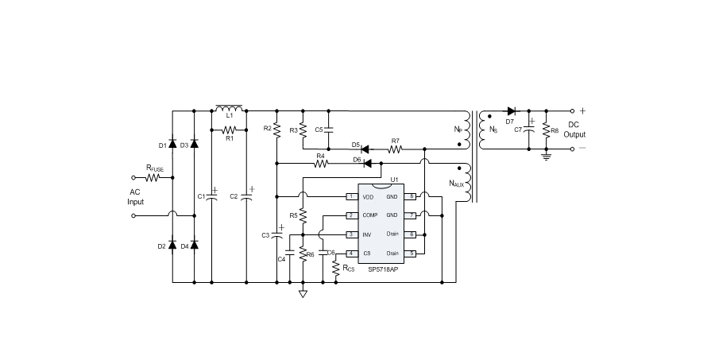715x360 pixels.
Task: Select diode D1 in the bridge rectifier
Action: click(x=172, y=145)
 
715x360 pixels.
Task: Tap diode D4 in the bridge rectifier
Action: click(x=195, y=246)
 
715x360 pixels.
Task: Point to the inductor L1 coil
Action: click(x=229, y=108)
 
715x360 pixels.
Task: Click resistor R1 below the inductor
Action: click(x=229, y=129)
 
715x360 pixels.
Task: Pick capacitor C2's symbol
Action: click(x=246, y=195)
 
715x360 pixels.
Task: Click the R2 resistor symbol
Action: click(x=276, y=129)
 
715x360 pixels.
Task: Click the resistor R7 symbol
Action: click(x=395, y=148)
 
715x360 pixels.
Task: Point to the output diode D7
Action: click(x=511, y=110)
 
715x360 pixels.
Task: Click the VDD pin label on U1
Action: click(x=368, y=196)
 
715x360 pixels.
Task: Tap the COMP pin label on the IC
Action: click(x=369, y=215)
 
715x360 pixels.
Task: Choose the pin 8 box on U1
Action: click(x=412, y=196)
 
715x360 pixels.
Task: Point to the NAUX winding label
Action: click(x=456, y=184)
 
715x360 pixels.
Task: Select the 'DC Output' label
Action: click(x=574, y=130)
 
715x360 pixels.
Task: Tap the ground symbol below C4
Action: click(x=303, y=293)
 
